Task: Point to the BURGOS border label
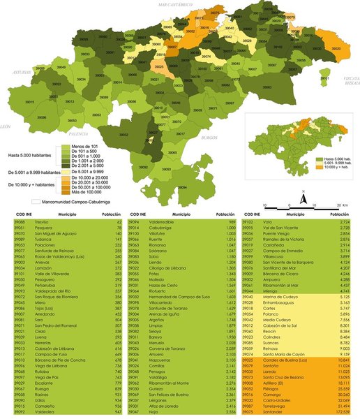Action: (209, 138)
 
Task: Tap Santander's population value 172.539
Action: (339, 413)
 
